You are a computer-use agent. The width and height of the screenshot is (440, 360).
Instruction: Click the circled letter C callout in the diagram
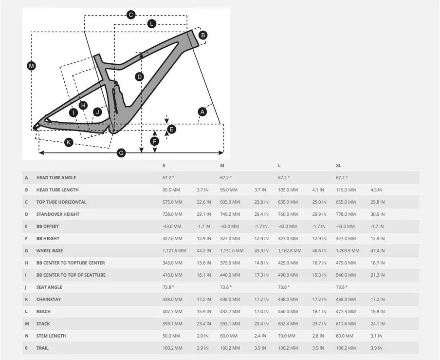(131, 15)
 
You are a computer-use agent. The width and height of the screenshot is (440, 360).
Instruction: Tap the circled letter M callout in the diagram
(31, 66)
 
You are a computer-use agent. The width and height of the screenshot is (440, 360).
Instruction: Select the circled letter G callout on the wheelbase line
(122, 153)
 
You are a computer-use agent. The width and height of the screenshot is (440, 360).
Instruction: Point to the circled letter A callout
(202, 112)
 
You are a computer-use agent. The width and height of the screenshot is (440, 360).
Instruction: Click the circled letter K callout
(69, 142)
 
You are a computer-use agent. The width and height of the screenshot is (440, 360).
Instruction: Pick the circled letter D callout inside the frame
(139, 76)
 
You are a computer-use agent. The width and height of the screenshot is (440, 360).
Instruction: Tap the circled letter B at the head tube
(203, 35)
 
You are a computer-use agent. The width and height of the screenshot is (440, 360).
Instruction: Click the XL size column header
(339, 166)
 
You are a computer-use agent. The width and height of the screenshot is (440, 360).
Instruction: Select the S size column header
(164, 166)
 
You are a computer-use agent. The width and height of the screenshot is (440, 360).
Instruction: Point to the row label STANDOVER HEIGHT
(57, 214)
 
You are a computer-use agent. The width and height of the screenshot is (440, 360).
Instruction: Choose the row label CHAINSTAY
(49, 300)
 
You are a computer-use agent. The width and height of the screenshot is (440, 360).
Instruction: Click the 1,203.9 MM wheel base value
(348, 251)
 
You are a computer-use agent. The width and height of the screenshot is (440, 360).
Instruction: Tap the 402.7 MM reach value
(172, 312)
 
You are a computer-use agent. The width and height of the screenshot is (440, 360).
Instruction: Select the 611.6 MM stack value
(346, 324)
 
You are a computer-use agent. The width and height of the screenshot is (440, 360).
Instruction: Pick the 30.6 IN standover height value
(377, 214)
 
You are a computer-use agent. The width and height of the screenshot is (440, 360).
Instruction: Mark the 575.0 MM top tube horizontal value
(172, 202)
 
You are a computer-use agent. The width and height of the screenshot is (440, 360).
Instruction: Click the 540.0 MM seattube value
(346, 275)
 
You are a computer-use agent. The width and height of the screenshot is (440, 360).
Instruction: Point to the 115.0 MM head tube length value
(346, 190)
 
